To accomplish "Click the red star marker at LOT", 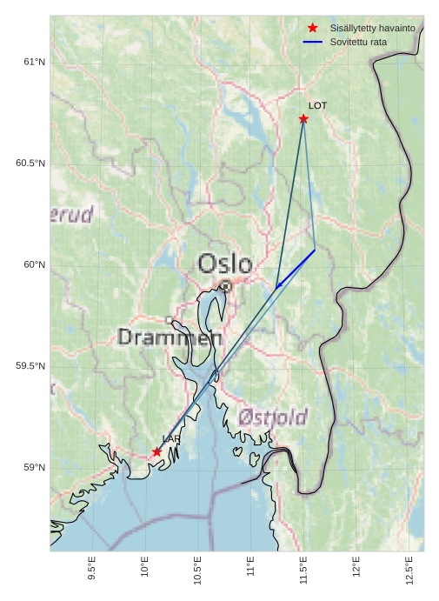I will pyautogui.click(x=303, y=118).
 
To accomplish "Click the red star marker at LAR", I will pyautogui.click(x=157, y=451).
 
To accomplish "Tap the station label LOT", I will pyautogui.click(x=317, y=105).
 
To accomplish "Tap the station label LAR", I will pyautogui.click(x=170, y=439).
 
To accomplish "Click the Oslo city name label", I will pyautogui.click(x=225, y=264).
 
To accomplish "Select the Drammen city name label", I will pyautogui.click(x=170, y=337).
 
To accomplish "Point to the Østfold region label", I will pyautogui.click(x=272, y=418).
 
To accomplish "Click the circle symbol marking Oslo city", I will pyautogui.click(x=225, y=285).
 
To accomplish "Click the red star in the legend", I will pyautogui.click(x=313, y=28).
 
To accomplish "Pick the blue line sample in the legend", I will pyautogui.click(x=313, y=42).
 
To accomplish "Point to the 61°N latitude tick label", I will pyautogui.click(x=34, y=62).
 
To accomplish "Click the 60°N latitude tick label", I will pyautogui.click(x=34, y=265).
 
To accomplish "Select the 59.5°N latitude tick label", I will pyautogui.click(x=30, y=366).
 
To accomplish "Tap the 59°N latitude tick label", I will pyautogui.click(x=34, y=468).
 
